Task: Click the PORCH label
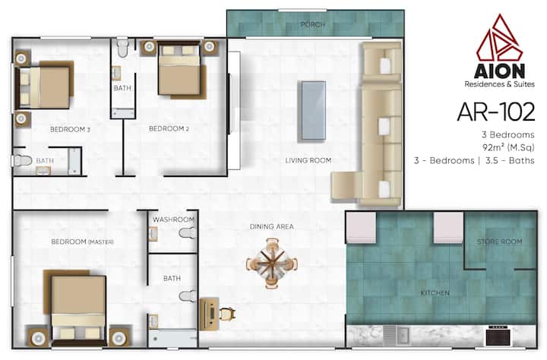[x=313, y=25]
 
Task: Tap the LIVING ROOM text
[x=308, y=160]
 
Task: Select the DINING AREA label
[x=272, y=227]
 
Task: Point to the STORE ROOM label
[x=500, y=242]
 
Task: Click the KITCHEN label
[x=435, y=293]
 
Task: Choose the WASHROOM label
[x=173, y=219]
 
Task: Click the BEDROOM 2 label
[x=169, y=128]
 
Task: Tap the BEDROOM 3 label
[x=70, y=129]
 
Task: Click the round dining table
[x=272, y=263]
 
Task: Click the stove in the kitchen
[x=498, y=335]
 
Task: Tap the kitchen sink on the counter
[x=397, y=336]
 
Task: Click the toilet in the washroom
[x=188, y=233]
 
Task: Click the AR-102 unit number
[x=495, y=112]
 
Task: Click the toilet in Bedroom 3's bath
[x=22, y=161]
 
